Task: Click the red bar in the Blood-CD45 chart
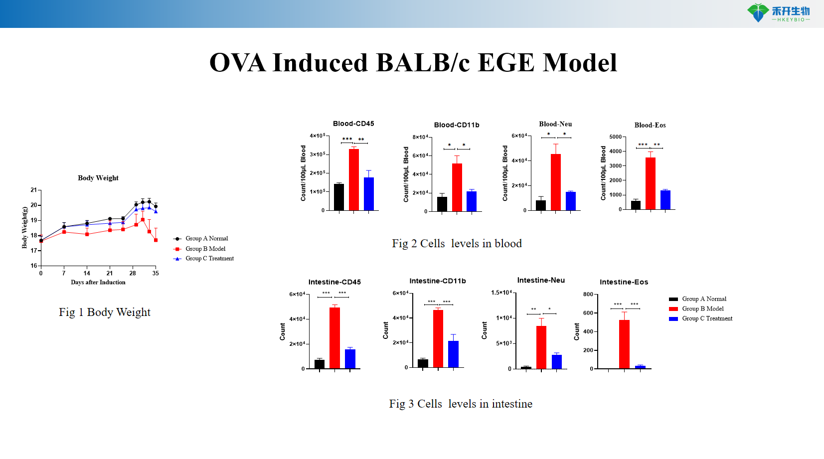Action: pos(354,179)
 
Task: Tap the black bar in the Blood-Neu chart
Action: pos(541,205)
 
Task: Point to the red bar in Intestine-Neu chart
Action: pos(541,347)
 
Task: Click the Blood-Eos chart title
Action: pos(650,125)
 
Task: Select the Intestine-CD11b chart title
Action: pos(438,281)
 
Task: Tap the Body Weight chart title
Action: pos(98,178)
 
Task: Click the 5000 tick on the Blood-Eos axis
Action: pos(616,137)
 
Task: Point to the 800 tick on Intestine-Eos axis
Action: pos(588,295)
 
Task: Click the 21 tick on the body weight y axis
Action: pos(34,190)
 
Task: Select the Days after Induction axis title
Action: pos(98,282)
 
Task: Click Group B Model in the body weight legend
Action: pos(205,249)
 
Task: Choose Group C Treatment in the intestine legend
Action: pos(707,318)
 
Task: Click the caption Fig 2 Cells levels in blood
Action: pos(457,243)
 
